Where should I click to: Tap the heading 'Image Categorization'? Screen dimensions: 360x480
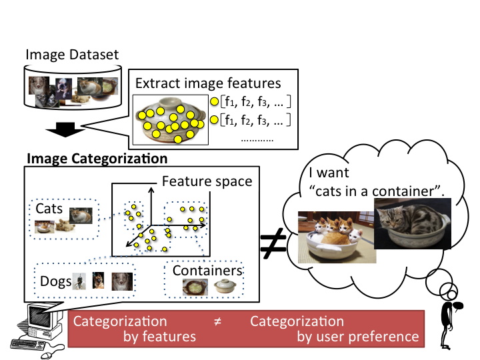tap(97, 159)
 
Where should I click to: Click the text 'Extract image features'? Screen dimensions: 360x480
tap(208, 84)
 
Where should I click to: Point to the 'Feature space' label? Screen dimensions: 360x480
tap(207, 182)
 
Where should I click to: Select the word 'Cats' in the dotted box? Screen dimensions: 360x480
tap(49, 209)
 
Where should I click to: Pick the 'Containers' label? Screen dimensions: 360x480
tap(207, 271)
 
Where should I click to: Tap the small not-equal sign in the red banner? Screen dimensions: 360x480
tap(217, 321)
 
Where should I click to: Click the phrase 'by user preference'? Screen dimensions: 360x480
tap(357, 337)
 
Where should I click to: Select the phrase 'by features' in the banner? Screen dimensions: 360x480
tap(160, 337)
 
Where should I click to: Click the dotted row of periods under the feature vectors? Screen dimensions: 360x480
tap(257, 141)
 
